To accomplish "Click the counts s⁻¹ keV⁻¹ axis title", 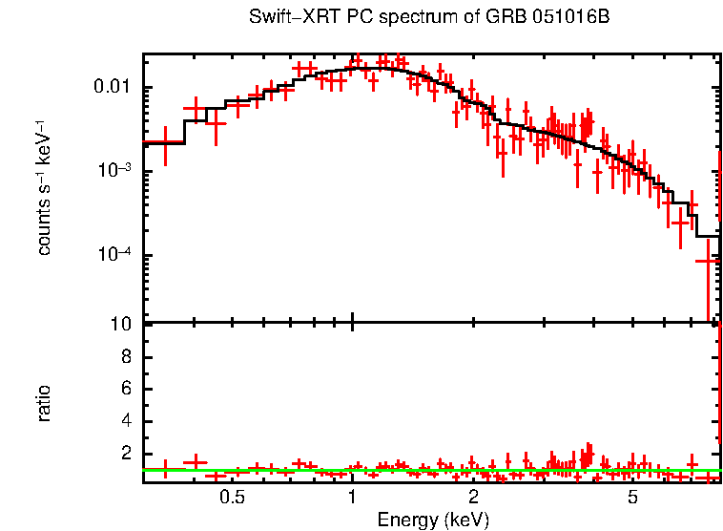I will (44, 188).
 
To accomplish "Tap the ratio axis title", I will (44, 403).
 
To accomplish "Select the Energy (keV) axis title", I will (433, 520).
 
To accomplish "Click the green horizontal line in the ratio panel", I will (429, 470).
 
